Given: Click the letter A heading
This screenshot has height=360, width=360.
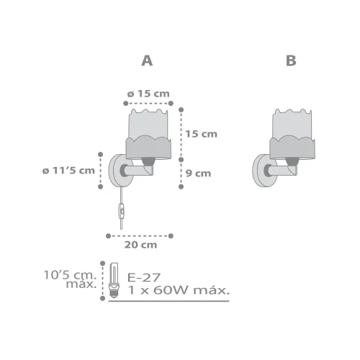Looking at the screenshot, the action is tap(147, 60).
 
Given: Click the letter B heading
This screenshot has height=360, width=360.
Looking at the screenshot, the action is tap(291, 60).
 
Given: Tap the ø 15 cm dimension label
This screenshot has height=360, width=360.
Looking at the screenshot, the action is tap(148, 94).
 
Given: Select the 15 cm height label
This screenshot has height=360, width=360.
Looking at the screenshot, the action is tap(202, 134).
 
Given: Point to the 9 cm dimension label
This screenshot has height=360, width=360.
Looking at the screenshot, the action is tap(199, 174).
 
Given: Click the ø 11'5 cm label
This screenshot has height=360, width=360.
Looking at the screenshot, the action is tap(68, 171).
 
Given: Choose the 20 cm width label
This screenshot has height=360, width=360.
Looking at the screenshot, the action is tap(140, 245).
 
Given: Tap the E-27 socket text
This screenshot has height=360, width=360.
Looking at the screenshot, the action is tap(144, 278).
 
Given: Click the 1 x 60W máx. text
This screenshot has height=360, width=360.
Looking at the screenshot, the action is tap(179, 290).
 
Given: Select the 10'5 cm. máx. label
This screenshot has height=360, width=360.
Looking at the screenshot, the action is tap(70, 279).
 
